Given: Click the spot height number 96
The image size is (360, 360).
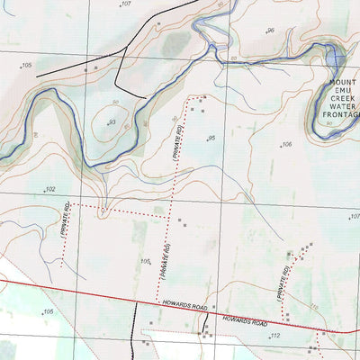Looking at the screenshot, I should click(x=270, y=31).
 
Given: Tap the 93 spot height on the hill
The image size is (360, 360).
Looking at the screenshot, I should click(x=112, y=122).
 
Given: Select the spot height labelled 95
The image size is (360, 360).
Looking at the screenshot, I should click(x=211, y=138).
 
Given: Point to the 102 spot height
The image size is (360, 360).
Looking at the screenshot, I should click(x=50, y=189).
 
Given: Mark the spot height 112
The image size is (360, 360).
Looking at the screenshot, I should click(x=275, y=336).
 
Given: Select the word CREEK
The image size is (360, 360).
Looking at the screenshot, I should click(x=338, y=101).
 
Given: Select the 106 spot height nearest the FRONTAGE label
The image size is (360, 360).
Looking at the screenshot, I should click(x=287, y=144).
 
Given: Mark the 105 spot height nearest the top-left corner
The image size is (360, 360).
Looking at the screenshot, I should click(x=27, y=66).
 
